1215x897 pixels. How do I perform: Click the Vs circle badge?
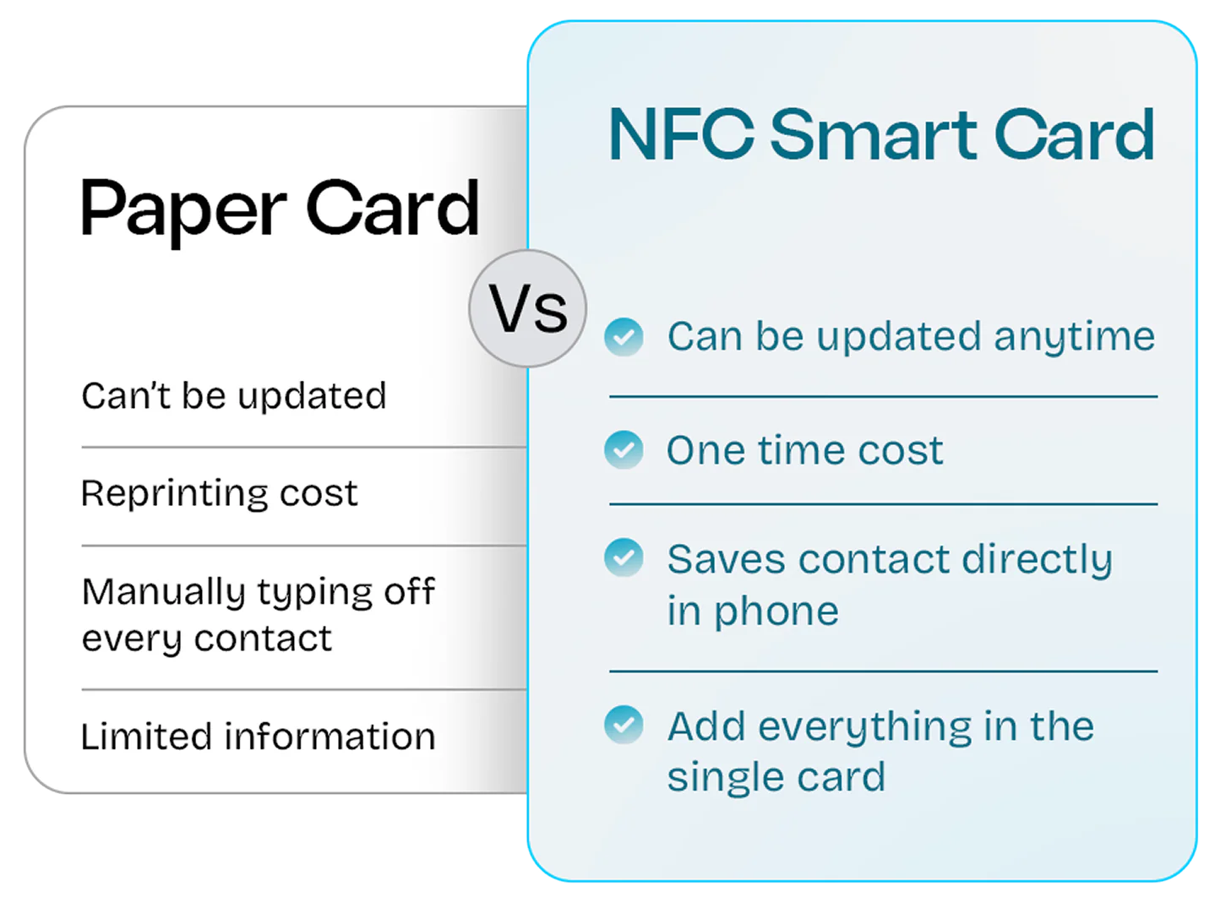528,308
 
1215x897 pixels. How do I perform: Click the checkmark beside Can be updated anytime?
624,337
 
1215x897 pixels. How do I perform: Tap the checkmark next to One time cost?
624,449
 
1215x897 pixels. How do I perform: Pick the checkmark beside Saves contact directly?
624,558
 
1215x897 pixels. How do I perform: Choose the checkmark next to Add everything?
624,725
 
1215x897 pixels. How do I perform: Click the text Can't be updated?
234,395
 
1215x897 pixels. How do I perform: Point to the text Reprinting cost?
220,492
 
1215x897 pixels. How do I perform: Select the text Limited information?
258,736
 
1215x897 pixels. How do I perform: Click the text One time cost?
804,450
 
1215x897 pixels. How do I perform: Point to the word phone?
776,612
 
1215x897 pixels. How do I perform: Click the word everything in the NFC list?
856,726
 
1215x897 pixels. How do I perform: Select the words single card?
776,777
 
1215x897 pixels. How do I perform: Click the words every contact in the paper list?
207,639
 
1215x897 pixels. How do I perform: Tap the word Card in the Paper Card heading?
393,209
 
